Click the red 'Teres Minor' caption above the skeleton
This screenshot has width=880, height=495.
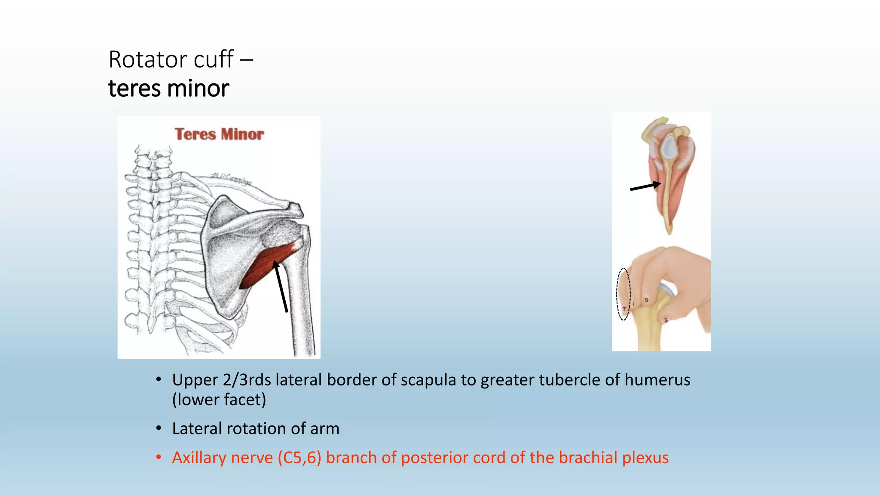coord(219,134)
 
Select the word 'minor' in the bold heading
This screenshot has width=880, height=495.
coord(198,89)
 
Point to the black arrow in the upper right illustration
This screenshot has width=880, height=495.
coord(645,186)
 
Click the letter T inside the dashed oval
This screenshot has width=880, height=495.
coord(624,309)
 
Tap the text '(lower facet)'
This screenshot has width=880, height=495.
coord(219,400)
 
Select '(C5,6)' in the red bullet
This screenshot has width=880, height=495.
coord(299,458)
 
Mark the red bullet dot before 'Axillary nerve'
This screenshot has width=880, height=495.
coord(159,457)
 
